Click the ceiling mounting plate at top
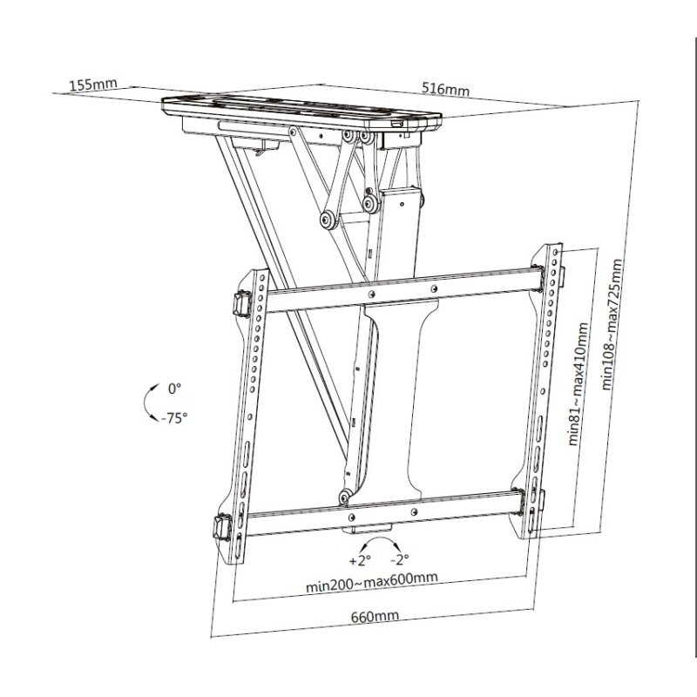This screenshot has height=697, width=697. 301,112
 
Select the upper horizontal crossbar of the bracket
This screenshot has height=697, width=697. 401,290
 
